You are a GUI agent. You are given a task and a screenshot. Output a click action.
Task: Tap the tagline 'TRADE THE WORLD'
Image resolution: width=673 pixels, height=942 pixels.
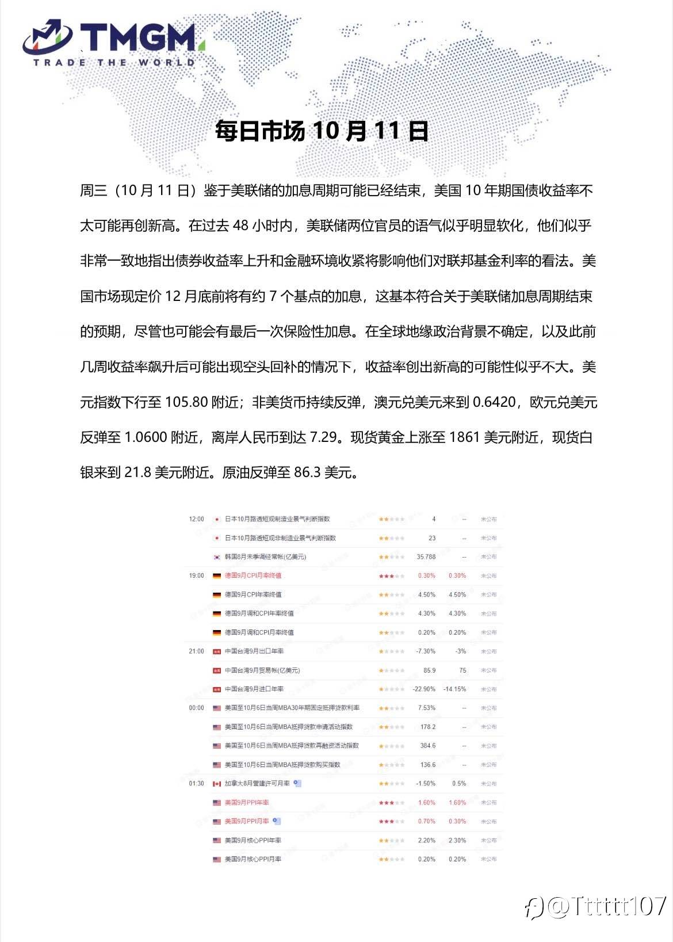[114, 62]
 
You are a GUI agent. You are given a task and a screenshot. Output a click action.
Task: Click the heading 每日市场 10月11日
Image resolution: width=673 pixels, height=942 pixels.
[322, 131]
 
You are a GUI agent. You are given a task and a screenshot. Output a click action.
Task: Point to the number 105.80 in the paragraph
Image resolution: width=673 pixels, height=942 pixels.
[186, 402]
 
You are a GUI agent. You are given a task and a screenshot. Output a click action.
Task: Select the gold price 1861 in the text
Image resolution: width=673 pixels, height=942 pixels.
[464, 437]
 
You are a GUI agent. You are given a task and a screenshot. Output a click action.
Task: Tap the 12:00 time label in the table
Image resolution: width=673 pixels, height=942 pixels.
[196, 519]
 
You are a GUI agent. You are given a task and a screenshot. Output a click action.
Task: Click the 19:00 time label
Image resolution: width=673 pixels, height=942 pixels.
[196, 575]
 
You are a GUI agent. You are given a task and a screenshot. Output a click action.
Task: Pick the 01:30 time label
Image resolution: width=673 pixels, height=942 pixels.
[196, 783]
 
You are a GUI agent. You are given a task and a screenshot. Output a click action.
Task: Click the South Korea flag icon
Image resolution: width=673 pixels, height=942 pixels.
[217, 557]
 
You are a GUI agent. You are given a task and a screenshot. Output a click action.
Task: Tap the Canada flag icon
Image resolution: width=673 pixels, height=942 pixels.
[217, 784]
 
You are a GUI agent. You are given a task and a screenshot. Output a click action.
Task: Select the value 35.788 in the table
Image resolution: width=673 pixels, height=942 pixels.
[426, 557]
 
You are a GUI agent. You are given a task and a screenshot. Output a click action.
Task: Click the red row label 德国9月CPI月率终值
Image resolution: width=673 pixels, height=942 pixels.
[253, 575]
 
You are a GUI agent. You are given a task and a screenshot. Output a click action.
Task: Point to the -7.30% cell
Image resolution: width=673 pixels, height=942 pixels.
[426, 651]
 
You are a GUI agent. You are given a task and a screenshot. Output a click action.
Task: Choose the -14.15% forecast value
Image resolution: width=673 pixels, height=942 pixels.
[454, 689]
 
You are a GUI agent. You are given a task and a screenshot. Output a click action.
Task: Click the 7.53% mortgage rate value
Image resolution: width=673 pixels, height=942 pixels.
[426, 708]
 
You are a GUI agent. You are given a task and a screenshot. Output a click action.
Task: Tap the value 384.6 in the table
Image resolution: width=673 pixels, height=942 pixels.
[427, 746]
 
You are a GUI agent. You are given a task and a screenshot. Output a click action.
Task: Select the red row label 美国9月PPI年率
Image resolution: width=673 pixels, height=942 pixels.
[247, 802]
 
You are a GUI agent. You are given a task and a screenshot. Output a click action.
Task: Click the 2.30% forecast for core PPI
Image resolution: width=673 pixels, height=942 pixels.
[457, 840]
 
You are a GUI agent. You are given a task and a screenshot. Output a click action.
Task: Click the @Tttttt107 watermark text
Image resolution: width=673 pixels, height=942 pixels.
[607, 906]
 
